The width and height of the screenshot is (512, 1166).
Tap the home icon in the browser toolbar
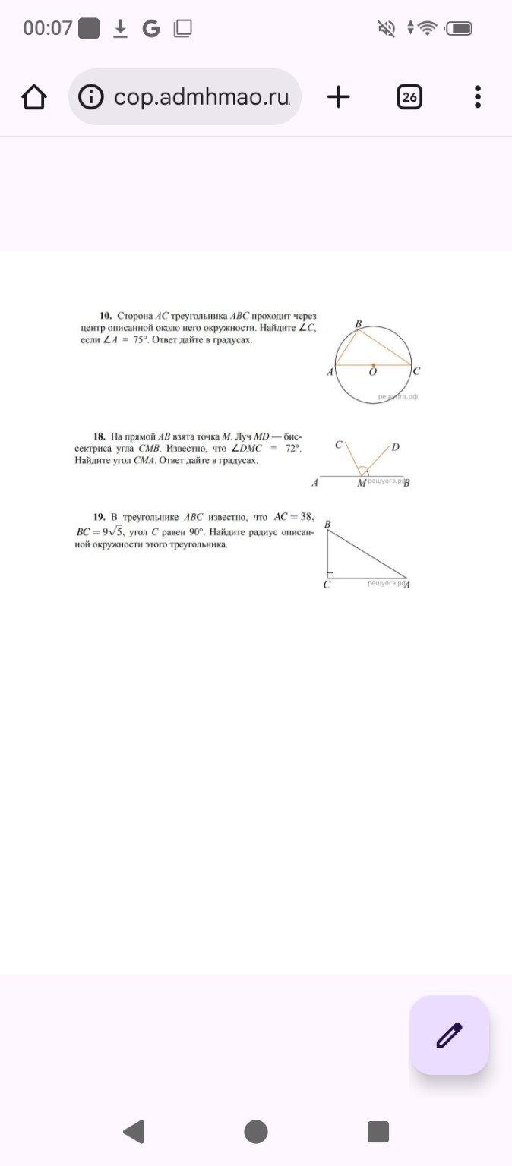[x=34, y=97]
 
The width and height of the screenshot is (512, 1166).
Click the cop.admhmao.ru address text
[x=201, y=97]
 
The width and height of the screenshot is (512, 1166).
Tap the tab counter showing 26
[x=409, y=97]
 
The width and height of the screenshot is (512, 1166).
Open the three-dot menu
[x=478, y=97]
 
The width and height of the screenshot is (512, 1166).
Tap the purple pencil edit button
[x=450, y=1035]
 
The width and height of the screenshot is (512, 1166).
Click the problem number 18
[x=99, y=436]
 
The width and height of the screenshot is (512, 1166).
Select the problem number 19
[x=99, y=517]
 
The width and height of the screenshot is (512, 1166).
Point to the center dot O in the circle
[x=372, y=364]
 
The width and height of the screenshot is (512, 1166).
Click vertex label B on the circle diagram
[x=359, y=324]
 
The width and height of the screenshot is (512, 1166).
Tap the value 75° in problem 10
[x=139, y=341]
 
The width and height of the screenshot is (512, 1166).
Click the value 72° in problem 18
[x=292, y=449]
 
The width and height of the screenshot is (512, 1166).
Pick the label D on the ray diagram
[x=395, y=446]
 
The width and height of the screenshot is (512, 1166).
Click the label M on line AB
[x=361, y=484]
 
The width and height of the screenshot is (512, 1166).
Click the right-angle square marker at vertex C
[x=330, y=575]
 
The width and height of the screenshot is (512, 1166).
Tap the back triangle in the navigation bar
[x=134, y=1132]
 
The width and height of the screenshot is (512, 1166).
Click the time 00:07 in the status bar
[x=47, y=29]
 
